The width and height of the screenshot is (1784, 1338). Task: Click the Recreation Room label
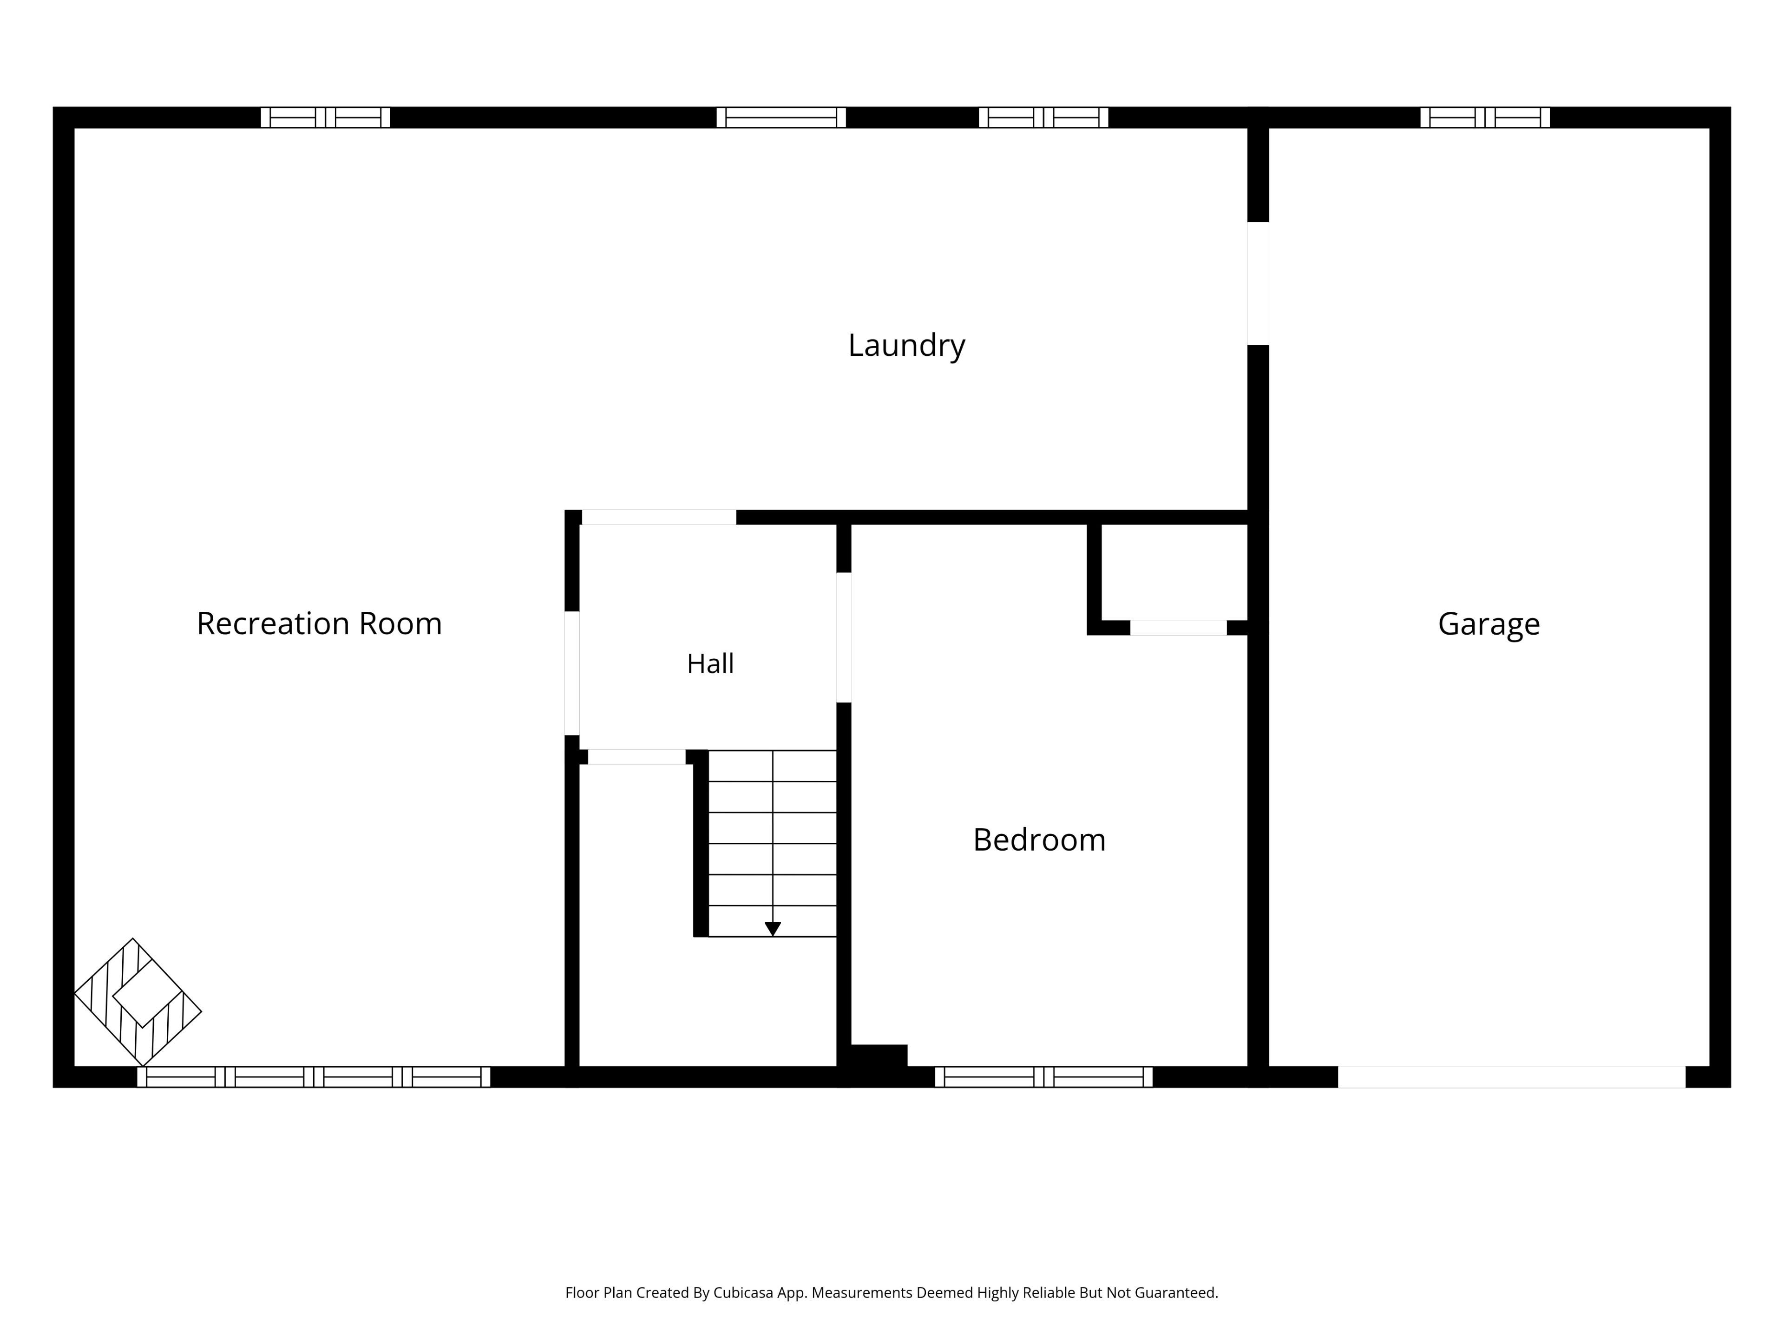(x=319, y=623)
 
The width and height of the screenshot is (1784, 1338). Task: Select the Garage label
(x=1489, y=625)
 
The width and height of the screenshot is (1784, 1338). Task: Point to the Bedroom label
(x=1039, y=840)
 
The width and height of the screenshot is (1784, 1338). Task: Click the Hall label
(x=710, y=664)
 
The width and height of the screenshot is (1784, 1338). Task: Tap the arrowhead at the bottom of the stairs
(x=773, y=929)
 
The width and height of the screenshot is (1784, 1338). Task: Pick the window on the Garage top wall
(x=1485, y=118)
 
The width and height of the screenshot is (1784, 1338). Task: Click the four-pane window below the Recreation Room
(x=314, y=1077)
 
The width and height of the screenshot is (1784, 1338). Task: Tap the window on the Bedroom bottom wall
(x=1043, y=1077)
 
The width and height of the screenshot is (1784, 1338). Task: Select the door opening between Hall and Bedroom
(x=844, y=637)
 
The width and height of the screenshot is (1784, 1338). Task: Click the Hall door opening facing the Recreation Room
(x=572, y=674)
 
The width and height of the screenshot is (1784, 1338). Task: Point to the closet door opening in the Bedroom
(x=1178, y=628)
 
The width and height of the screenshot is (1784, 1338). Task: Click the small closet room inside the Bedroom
(x=1174, y=572)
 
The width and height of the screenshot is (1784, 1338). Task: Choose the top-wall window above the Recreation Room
(x=325, y=118)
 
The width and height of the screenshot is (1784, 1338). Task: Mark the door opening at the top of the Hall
(x=659, y=517)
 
